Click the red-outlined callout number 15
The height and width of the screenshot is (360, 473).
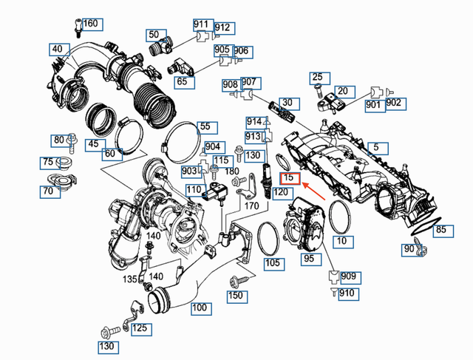(x=290, y=177)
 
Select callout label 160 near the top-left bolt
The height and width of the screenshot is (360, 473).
(x=90, y=24)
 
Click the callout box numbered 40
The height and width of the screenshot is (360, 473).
(x=57, y=50)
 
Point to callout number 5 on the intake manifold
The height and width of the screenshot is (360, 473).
(x=375, y=148)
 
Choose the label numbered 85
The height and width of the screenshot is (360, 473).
(x=440, y=230)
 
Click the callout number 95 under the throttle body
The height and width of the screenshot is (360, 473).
(x=308, y=259)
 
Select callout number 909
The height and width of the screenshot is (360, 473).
(x=348, y=277)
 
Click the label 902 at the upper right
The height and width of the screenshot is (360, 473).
(x=393, y=103)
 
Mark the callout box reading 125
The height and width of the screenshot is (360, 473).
(x=139, y=328)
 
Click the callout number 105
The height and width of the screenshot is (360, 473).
(x=273, y=263)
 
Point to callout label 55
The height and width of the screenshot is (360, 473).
(x=205, y=127)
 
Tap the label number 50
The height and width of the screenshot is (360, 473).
(x=153, y=35)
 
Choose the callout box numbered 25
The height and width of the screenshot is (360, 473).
(x=317, y=77)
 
